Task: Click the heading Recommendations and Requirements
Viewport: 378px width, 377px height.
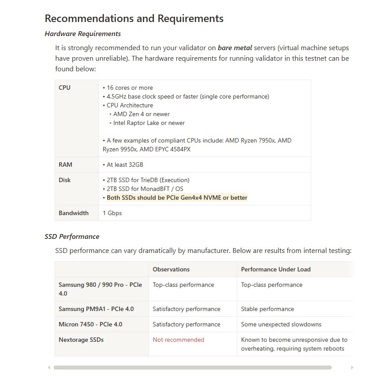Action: click(134, 18)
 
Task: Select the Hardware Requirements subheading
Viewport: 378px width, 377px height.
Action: click(83, 34)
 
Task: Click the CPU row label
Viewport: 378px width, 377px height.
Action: click(65, 88)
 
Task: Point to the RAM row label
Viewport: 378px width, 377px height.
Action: click(65, 165)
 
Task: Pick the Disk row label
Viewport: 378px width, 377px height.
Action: click(65, 180)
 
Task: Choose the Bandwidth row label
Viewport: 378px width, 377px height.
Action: click(73, 213)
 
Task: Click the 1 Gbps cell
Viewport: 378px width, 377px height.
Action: click(112, 213)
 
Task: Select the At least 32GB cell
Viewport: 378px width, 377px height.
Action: click(125, 165)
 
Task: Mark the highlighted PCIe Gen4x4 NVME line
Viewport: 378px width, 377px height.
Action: click(177, 198)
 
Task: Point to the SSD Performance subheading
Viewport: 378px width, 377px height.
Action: click(72, 237)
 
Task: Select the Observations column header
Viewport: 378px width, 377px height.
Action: click(171, 269)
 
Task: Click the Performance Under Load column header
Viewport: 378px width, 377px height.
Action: click(276, 269)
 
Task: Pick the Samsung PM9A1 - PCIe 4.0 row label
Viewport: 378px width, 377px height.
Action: click(96, 309)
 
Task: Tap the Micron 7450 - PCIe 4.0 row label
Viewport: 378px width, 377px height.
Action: click(91, 324)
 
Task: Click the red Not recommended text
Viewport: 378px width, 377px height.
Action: click(178, 340)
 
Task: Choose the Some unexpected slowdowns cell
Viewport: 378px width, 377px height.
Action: click(281, 324)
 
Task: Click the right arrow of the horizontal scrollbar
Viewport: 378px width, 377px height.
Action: click(352, 367)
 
